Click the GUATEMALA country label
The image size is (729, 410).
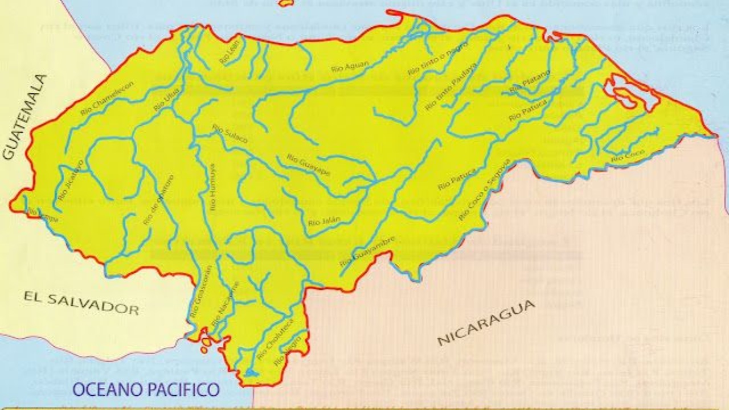coord(26,117)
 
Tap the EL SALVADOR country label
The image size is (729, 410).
coord(81,302)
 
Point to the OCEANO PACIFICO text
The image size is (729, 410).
coord(146,389)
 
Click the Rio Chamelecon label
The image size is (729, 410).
coord(107,99)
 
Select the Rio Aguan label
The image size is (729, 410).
coord(350,65)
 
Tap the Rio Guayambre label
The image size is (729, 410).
coord(359,251)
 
